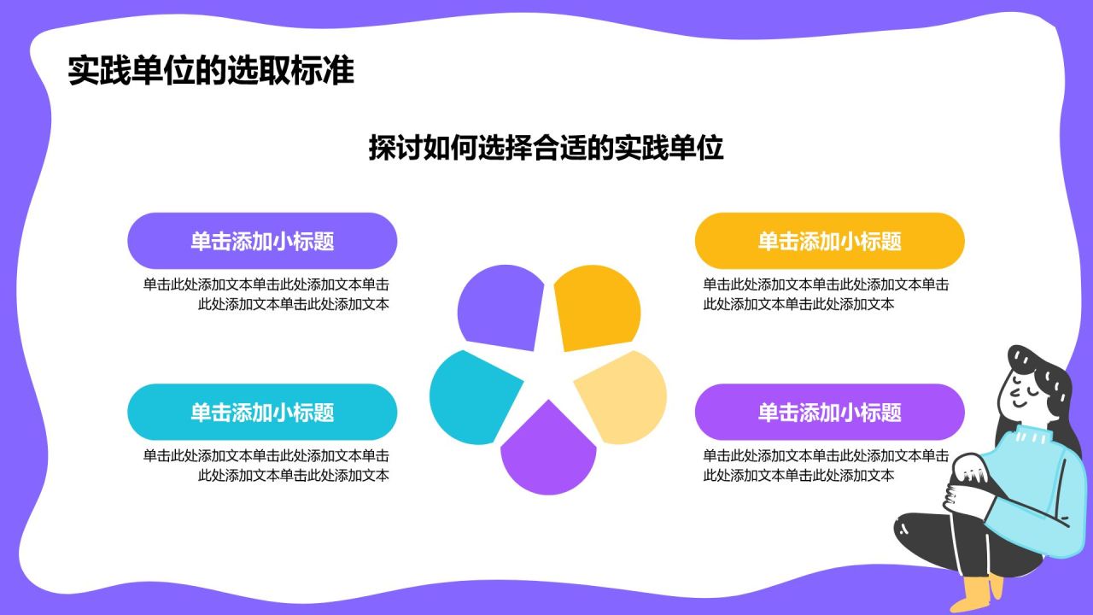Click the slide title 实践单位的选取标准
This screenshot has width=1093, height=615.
coord(211,71)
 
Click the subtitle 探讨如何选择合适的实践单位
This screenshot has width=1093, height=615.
coord(546,148)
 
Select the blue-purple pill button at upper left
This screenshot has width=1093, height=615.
coord(262,241)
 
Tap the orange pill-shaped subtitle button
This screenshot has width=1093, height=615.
coord(829,241)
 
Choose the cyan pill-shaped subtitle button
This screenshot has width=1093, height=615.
coord(262,413)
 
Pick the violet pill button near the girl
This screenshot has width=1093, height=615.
coord(829,413)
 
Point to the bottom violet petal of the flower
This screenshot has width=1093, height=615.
coord(547,453)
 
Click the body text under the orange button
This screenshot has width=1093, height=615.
coord(825,294)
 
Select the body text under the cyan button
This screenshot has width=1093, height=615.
coord(266,466)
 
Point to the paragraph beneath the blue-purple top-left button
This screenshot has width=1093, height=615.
coord(266,294)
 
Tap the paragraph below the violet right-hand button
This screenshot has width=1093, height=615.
coord(825,466)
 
